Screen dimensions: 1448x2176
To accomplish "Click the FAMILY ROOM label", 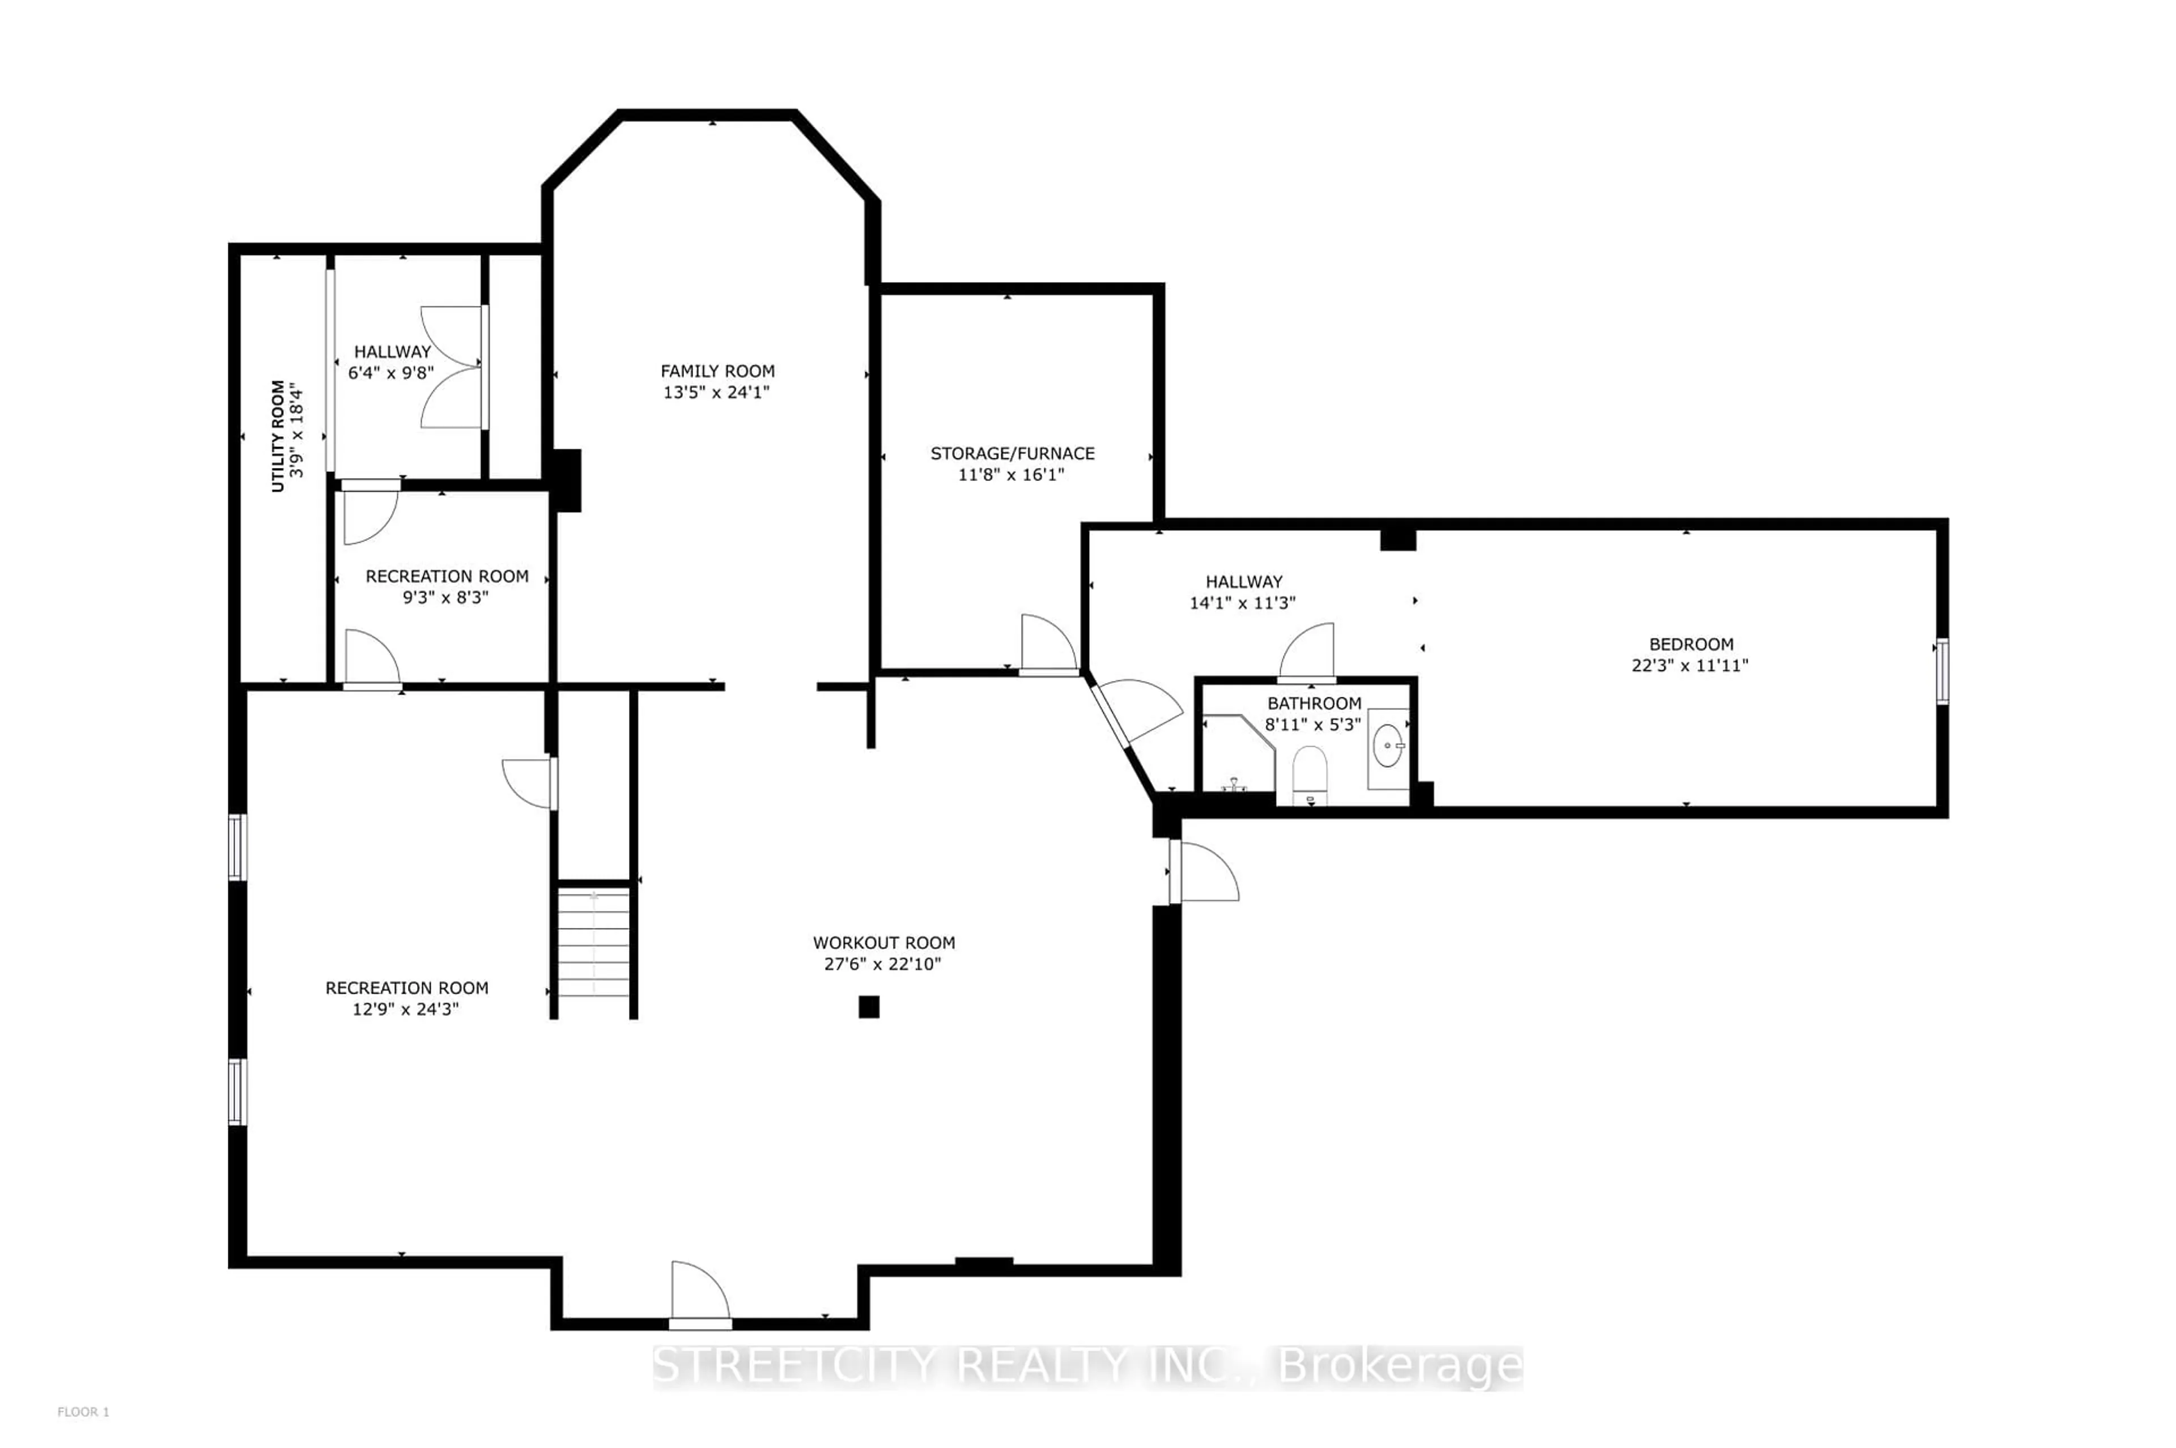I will click(x=717, y=371).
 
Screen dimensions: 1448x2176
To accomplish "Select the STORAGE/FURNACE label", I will click(x=1012, y=453).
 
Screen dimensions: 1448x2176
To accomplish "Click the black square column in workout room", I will click(x=868, y=1007).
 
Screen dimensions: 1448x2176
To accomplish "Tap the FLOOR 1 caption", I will click(x=83, y=1412).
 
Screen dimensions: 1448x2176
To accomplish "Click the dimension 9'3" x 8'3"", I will click(x=445, y=598).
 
